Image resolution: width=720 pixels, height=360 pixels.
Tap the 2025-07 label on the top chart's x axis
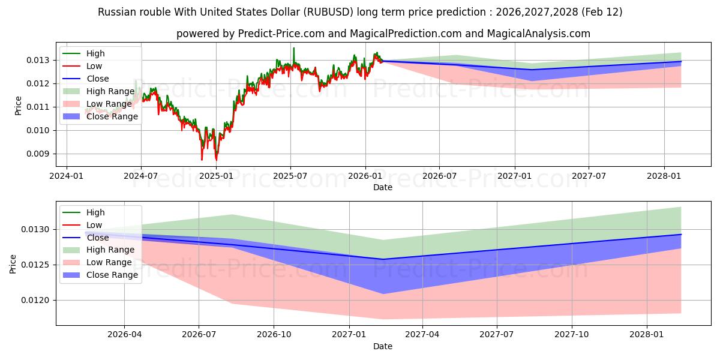click(290, 176)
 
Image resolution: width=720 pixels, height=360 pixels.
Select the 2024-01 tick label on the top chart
click(66, 176)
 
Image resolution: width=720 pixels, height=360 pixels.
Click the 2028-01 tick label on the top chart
click(664, 176)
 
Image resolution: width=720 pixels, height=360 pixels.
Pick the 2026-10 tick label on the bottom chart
click(273, 335)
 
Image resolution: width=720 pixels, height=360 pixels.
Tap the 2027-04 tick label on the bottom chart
click(422, 335)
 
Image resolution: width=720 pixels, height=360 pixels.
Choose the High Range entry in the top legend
click(110, 91)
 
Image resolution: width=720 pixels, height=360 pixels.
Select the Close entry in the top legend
click(98, 79)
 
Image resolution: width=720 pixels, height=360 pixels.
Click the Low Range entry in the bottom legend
click(109, 262)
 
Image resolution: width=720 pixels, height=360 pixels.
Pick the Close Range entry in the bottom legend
click(112, 275)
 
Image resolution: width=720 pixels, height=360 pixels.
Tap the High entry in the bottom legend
click(95, 212)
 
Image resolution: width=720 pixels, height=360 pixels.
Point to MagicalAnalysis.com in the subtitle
click(539, 34)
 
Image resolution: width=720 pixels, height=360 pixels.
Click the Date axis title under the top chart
click(382, 187)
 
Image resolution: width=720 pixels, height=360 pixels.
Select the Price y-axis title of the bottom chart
click(13, 263)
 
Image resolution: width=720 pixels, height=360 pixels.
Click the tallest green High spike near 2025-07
click(293, 48)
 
